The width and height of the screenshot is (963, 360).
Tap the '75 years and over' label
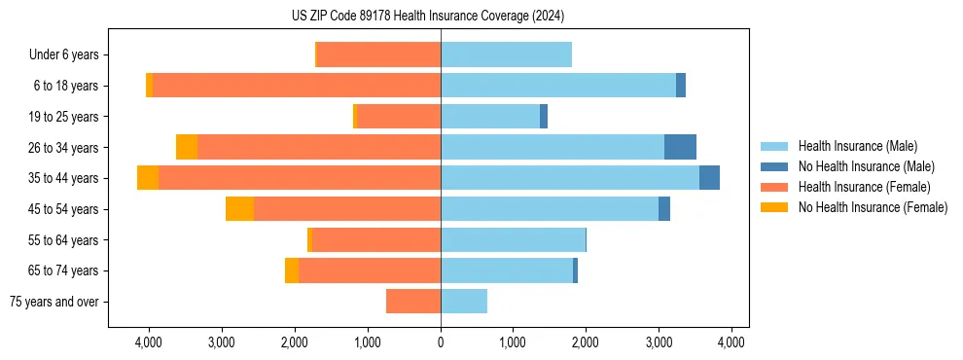(54, 302)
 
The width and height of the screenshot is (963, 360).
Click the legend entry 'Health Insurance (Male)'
(857, 146)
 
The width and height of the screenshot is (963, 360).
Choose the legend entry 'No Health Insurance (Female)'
(873, 207)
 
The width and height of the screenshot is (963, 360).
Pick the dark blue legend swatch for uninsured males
(774, 166)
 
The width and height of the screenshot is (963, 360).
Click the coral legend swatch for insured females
(774, 187)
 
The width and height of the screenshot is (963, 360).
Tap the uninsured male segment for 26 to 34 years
(680, 147)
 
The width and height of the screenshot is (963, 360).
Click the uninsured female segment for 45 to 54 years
(239, 209)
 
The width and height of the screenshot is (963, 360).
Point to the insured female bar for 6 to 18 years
(297, 86)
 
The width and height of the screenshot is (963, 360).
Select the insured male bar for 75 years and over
(464, 302)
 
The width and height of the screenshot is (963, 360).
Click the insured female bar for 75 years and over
(413, 302)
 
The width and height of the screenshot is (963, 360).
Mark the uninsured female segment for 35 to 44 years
(148, 178)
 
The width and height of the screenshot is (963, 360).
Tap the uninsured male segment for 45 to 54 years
(664, 209)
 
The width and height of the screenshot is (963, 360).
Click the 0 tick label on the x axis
(441, 342)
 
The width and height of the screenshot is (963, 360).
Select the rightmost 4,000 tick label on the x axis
(731, 342)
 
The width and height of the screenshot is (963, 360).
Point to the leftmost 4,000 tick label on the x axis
(149, 342)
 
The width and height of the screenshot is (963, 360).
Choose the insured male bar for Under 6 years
(506, 54)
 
